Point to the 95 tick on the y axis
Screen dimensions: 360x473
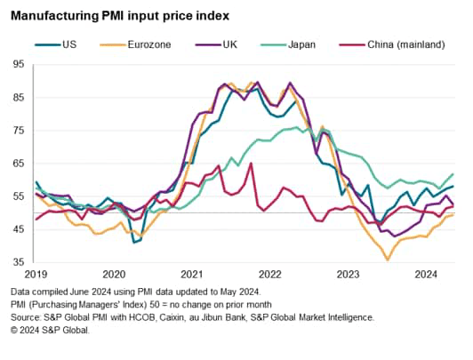click(x=19, y=64)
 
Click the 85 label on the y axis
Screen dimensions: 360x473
click(x=19, y=97)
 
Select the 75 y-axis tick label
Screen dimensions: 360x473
click(x=19, y=131)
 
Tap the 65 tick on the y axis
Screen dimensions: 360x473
click(x=19, y=164)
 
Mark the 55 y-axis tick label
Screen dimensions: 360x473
click(x=19, y=196)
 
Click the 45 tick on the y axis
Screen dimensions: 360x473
click(x=19, y=229)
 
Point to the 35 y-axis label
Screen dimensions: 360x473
click(x=19, y=263)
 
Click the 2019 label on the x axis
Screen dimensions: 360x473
click(x=36, y=276)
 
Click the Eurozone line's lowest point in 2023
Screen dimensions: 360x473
click(x=387, y=260)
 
